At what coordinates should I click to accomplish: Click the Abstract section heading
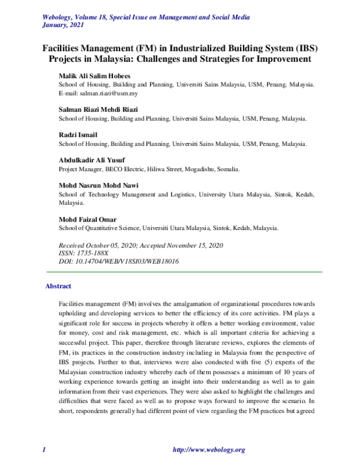[58, 286]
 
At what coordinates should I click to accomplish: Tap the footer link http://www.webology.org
[208, 450]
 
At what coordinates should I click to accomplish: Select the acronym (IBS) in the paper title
[306, 48]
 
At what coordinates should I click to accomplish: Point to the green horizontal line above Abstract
[180, 272]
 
